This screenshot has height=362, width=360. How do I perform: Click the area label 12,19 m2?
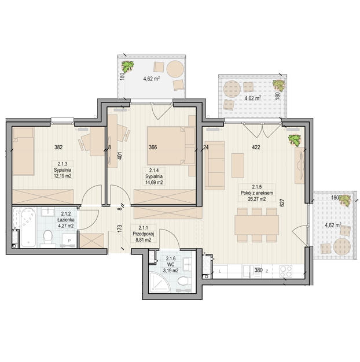(x=63, y=176)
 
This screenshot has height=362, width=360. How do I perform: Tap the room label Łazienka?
(x=66, y=220)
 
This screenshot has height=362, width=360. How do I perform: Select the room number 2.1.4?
(x=154, y=171)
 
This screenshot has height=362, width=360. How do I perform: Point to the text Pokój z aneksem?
(x=257, y=193)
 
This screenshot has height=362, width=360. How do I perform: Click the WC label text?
(x=171, y=265)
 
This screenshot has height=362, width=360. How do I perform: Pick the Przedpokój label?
(x=144, y=234)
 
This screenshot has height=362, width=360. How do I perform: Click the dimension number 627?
(x=283, y=203)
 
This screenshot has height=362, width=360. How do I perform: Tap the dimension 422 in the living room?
(x=256, y=147)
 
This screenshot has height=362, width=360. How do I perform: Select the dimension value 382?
(x=58, y=147)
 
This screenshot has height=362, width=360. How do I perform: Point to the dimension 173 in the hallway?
(x=119, y=228)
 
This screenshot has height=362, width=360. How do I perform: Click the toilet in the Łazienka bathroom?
(x=48, y=238)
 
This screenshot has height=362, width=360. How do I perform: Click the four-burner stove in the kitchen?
(x=286, y=271)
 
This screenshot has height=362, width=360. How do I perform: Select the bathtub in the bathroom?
(x=28, y=228)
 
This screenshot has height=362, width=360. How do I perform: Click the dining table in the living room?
(x=256, y=225)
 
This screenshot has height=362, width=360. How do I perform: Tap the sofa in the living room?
(x=215, y=165)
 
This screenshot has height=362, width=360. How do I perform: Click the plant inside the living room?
(x=295, y=140)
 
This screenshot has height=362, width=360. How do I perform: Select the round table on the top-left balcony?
(x=175, y=69)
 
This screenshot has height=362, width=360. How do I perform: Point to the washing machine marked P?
(x=69, y=241)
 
